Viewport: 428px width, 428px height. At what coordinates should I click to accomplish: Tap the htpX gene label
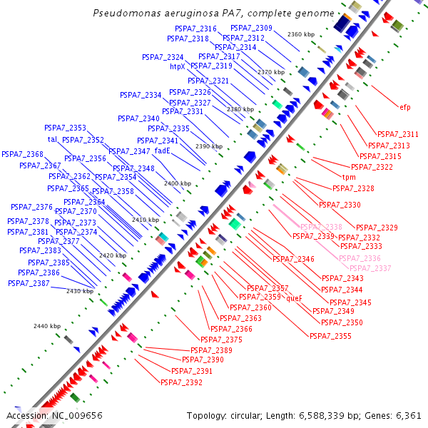coord(178,67)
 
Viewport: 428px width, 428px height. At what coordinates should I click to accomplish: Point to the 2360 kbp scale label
coord(300,34)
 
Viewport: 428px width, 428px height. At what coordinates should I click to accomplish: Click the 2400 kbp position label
coord(178,184)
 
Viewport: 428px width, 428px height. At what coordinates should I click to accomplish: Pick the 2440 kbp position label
coord(47,326)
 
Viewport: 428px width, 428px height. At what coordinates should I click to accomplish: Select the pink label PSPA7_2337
coord(370,268)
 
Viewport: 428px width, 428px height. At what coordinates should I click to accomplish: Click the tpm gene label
coord(349,177)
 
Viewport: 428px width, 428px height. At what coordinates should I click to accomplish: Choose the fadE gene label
coord(162,151)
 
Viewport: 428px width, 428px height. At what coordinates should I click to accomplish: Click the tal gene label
coord(52,139)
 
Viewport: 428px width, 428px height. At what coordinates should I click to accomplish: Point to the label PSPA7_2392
coord(181,382)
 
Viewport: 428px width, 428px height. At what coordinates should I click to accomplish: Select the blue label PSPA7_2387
coord(29,283)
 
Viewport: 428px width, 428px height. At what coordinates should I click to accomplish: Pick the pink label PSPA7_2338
coord(321,227)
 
